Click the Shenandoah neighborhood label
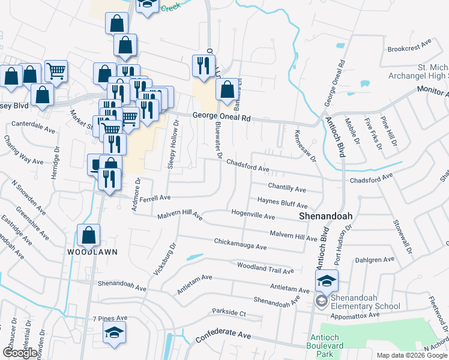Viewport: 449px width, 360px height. (x=325, y=216)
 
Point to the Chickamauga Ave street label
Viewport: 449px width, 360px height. (x=240, y=245)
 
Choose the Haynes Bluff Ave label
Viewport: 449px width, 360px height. (x=282, y=202)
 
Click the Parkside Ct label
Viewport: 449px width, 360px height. (x=229, y=313)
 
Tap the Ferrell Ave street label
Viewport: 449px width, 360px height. (x=156, y=197)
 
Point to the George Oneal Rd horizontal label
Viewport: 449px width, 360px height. (x=221, y=118)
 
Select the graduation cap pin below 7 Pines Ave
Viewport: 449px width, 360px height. (x=113, y=333)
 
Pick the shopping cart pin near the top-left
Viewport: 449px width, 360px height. (x=55, y=72)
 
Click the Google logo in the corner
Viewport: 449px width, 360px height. (x=20, y=353)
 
